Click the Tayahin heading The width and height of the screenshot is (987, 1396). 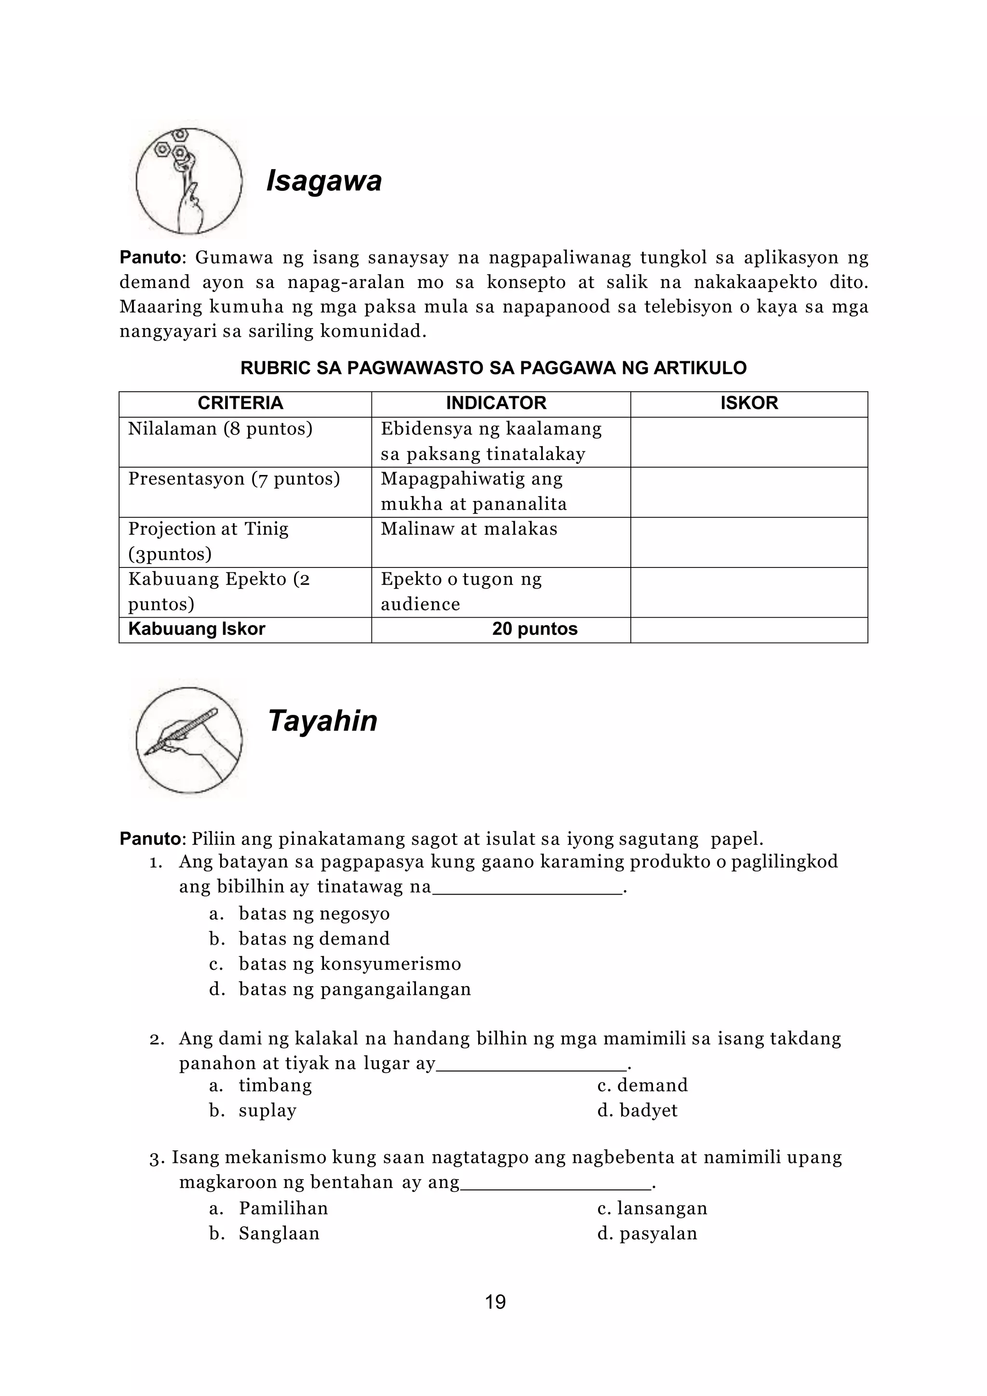click(x=322, y=721)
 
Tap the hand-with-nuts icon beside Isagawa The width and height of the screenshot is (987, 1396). click(x=188, y=181)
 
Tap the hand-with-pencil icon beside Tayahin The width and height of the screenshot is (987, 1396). click(x=188, y=740)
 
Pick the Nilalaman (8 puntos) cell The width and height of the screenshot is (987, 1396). click(x=220, y=429)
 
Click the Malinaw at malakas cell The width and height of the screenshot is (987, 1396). click(x=469, y=529)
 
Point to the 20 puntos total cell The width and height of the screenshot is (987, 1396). click(x=534, y=629)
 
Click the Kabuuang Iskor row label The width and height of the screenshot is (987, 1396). click(x=197, y=629)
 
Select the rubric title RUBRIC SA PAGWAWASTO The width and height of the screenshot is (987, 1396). click(x=493, y=368)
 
